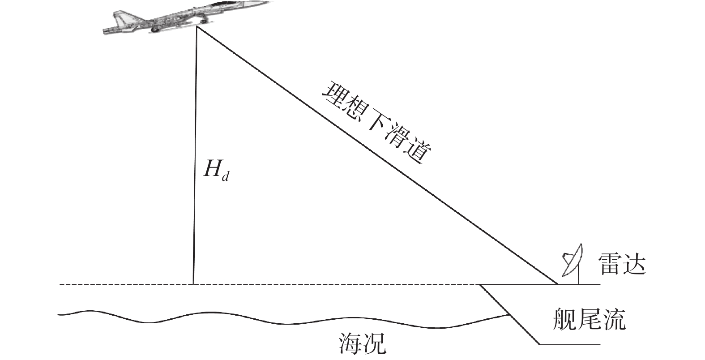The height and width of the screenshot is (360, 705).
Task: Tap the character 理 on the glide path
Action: pyautogui.click(x=335, y=93)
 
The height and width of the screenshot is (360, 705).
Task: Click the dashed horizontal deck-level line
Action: pyautogui.click(x=313, y=284)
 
